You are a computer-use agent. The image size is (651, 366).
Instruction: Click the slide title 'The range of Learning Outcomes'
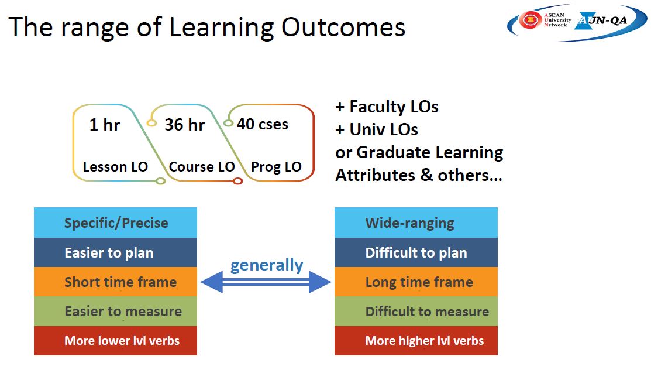(x=206, y=28)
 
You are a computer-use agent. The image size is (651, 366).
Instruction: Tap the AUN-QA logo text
(x=602, y=20)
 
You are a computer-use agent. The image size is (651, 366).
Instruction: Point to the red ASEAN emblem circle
(x=530, y=19)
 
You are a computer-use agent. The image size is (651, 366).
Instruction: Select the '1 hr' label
(x=105, y=124)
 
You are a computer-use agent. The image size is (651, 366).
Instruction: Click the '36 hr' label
(x=185, y=124)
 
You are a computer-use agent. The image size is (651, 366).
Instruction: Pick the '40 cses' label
(x=263, y=124)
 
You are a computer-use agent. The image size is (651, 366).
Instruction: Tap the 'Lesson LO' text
(x=115, y=166)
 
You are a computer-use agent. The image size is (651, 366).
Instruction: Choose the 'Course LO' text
(x=202, y=166)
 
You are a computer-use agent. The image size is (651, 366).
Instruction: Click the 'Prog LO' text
(x=276, y=167)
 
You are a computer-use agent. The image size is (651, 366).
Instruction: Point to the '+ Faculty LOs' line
(x=387, y=107)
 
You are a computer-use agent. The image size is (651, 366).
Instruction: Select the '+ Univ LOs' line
(x=377, y=129)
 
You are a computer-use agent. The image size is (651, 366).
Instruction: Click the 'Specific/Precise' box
(x=115, y=223)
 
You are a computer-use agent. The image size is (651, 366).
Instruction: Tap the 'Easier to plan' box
(x=115, y=252)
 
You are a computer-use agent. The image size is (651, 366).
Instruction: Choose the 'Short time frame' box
(x=115, y=282)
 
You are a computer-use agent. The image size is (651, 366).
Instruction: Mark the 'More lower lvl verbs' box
(x=115, y=341)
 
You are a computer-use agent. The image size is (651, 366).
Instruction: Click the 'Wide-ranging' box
(x=416, y=223)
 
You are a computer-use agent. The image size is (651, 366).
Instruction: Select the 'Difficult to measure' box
(x=416, y=311)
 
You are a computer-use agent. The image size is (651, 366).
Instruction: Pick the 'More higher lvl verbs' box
(x=416, y=341)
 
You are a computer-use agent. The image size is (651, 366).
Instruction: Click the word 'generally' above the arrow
(x=267, y=265)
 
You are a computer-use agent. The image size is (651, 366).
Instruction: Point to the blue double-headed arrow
(x=266, y=282)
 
